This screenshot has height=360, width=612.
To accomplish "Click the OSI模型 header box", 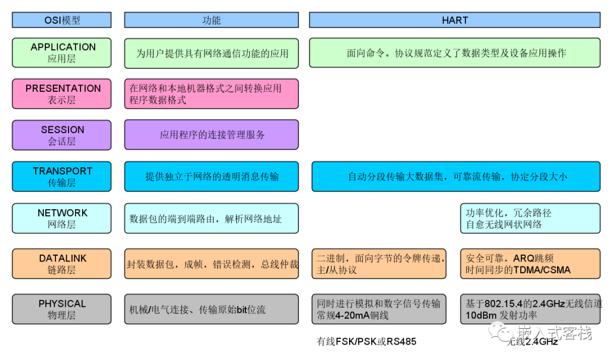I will [x=62, y=20].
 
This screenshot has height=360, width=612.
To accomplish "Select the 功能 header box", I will [x=211, y=20].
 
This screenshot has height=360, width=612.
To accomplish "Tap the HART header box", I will [x=454, y=20].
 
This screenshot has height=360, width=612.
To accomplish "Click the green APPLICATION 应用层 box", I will [x=62, y=53].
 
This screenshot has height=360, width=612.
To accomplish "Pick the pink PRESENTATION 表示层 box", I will [x=62, y=94].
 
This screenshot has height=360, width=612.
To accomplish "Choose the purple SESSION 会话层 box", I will [x=62, y=135].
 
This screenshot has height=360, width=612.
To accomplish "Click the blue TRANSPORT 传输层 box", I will [x=62, y=177].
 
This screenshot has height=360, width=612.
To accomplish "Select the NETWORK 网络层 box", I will [x=62, y=218].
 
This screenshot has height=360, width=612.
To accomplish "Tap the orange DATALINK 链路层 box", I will [x=62, y=264].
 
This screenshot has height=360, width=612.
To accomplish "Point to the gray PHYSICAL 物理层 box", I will [x=62, y=309].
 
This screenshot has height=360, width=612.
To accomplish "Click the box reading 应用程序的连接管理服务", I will [x=211, y=135].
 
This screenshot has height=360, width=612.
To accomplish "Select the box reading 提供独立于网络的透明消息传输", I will [x=211, y=177].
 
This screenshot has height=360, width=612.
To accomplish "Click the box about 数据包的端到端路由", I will [x=211, y=218].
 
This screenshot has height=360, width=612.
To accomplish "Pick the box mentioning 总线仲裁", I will [x=211, y=264].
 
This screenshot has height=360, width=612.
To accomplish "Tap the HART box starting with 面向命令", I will [x=454, y=53].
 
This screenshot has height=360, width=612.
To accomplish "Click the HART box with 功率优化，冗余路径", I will [x=529, y=218].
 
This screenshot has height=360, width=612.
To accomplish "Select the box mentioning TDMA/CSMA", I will [x=529, y=264].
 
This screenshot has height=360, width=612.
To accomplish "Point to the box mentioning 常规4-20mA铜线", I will [x=379, y=309].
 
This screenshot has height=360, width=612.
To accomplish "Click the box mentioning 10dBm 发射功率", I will [x=529, y=309].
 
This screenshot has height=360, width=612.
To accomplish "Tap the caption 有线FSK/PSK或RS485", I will [x=366, y=342].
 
